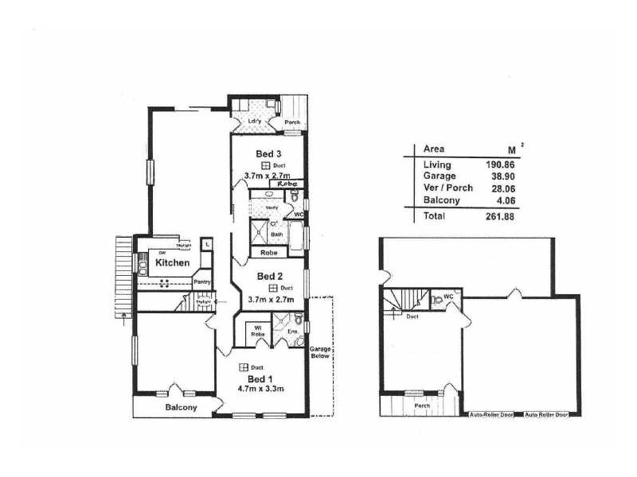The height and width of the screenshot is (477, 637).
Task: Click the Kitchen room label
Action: click(171, 262)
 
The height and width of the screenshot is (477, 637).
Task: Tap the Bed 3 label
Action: click(268, 153)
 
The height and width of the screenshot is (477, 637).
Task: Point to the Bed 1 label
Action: click(256, 378)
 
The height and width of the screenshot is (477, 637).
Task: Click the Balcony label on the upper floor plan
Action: click(181, 408)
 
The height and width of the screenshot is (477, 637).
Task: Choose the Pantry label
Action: click(201, 281)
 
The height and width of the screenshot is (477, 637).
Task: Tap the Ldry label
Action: click(255, 121)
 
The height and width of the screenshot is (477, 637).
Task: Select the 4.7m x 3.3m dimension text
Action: click(261, 390)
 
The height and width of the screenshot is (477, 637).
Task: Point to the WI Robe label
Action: click(257, 330)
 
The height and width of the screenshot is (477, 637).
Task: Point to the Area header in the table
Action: click(434, 149)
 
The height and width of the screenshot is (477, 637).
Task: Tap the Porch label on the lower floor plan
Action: click(423, 407)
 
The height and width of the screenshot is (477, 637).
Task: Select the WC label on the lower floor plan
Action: click(448, 297)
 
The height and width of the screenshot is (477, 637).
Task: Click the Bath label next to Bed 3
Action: click(276, 235)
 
